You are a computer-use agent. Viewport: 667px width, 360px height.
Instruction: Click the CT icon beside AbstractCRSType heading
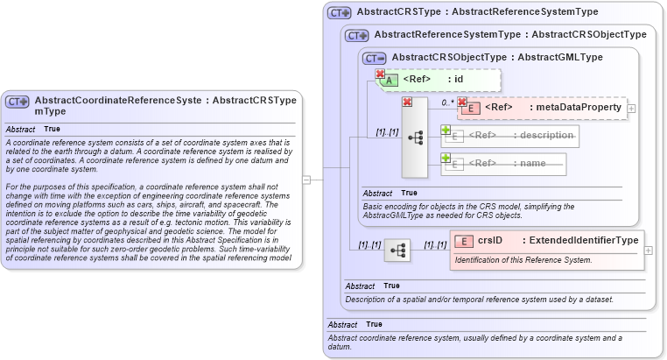coord(339,12)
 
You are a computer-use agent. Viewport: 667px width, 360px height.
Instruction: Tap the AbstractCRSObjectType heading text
coord(453,57)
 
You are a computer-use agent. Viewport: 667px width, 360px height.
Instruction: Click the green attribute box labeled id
coord(439,80)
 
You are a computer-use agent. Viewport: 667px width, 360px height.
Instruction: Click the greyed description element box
coord(511,135)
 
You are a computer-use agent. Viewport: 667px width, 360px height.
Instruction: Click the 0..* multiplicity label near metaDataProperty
coord(447,102)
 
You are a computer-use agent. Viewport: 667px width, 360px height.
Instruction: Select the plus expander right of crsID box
coord(648,250)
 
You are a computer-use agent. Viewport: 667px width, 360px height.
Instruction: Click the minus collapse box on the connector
coord(306,180)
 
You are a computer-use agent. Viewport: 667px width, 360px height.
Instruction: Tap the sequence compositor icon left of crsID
coord(398,250)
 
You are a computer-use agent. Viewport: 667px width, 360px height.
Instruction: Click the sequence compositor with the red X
coord(415,138)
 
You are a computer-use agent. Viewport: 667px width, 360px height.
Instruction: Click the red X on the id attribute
coord(380,74)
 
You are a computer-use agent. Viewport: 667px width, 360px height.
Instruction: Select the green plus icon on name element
coord(446,158)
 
